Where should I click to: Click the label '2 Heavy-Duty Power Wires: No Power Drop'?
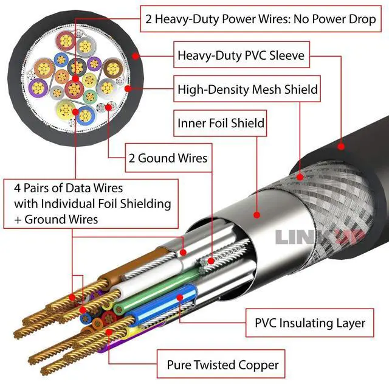tap(261, 19)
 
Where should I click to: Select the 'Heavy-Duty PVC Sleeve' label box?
tap(241, 57)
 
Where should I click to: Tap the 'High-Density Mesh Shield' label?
tap(247, 89)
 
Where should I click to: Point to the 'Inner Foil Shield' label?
tap(221, 124)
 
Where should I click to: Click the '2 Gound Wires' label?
tap(168, 158)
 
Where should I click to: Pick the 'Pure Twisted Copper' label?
tap(222, 365)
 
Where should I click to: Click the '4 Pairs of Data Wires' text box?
tap(90, 203)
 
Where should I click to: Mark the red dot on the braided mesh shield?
tap(298, 178)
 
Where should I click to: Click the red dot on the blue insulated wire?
tap(181, 298)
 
